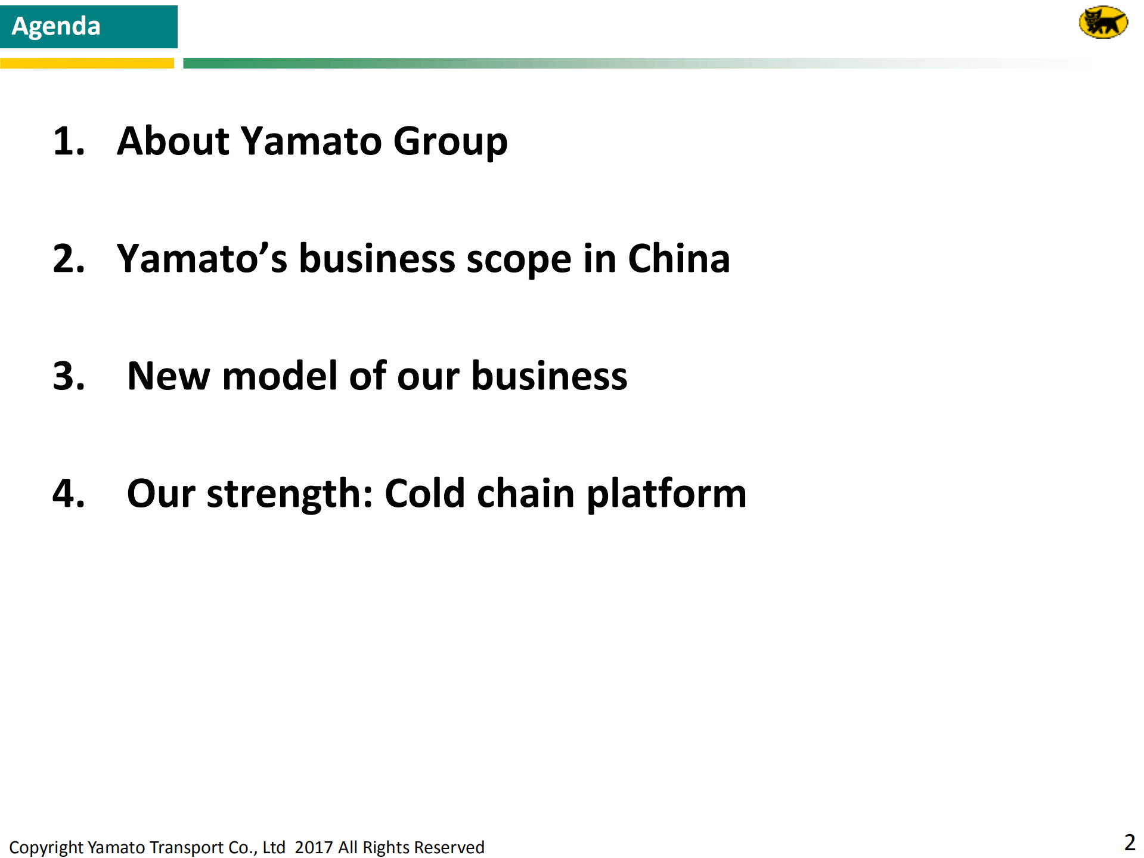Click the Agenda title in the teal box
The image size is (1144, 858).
coord(56,26)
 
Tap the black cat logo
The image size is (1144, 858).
coord(1103,23)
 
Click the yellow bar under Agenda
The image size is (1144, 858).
coord(86,63)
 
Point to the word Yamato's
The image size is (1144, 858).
coord(202,259)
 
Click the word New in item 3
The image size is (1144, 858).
coord(169,376)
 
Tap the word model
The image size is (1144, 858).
coord(280,376)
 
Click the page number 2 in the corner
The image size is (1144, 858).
coord(1129,842)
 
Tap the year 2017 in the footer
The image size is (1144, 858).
coord(313,847)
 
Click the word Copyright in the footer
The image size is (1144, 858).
coord(46,848)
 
